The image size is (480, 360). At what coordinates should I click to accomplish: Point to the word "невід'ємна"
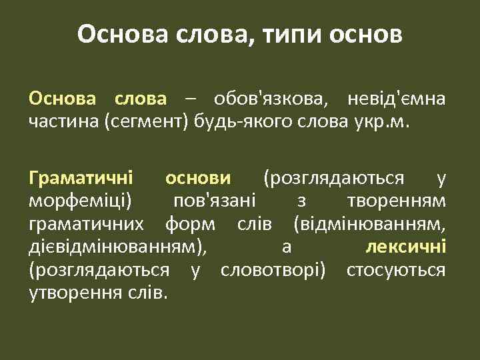(x=397, y=101)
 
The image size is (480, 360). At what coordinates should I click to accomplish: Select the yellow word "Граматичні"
(x=81, y=178)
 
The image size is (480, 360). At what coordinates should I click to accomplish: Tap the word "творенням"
(x=397, y=200)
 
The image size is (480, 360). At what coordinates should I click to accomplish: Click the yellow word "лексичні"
(x=406, y=247)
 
